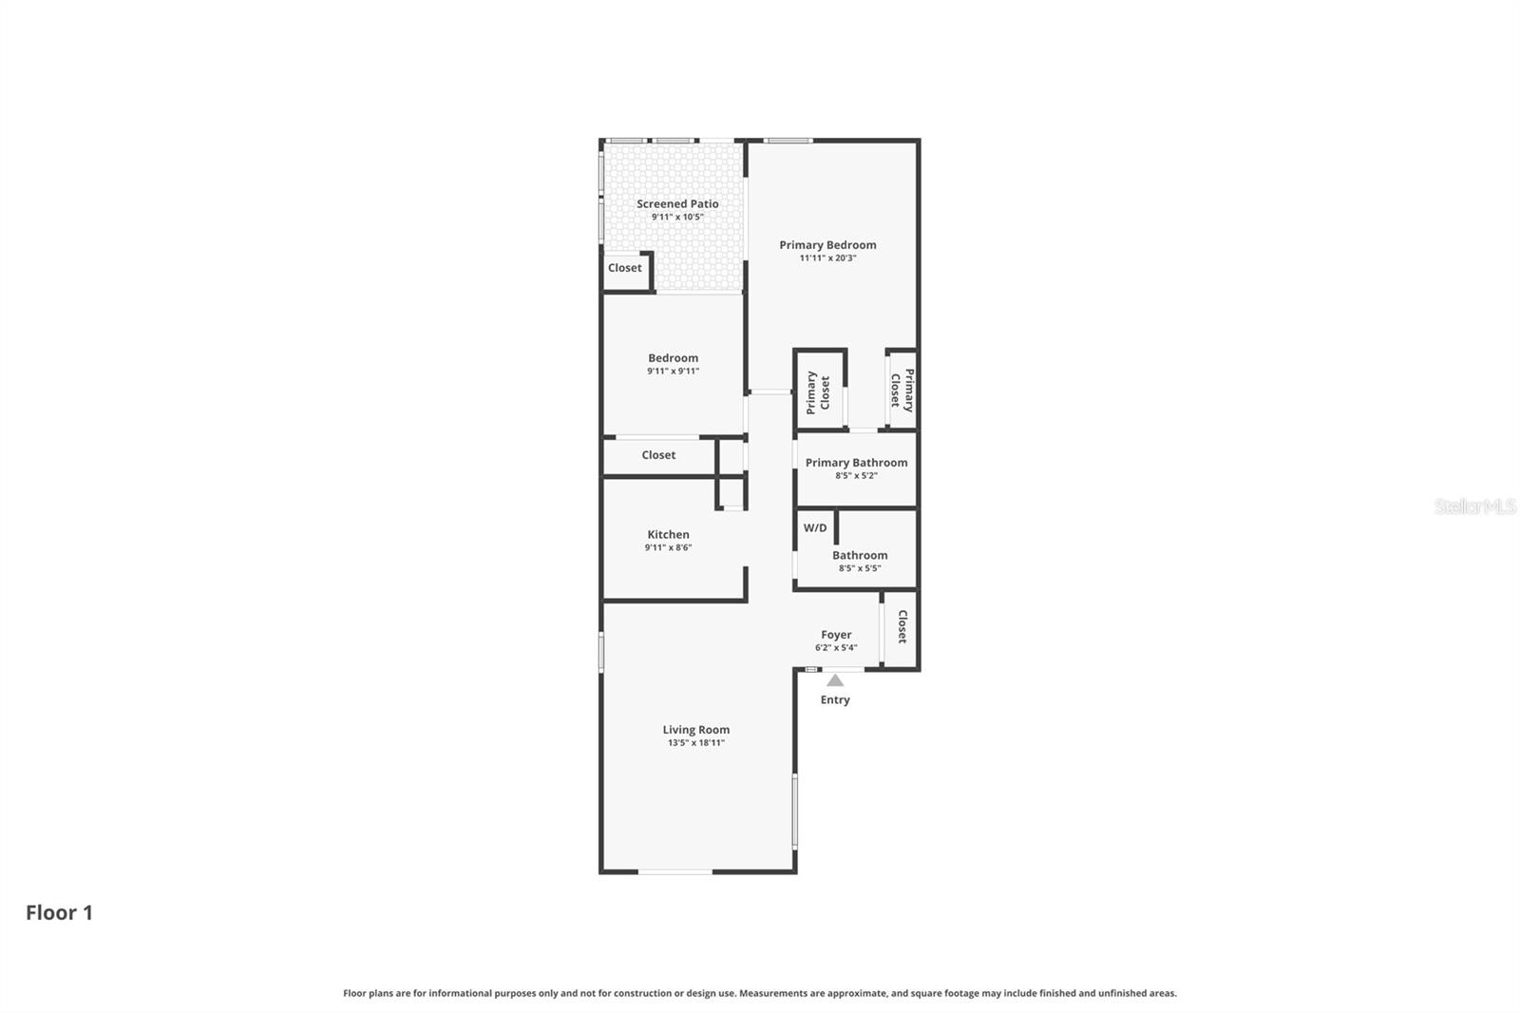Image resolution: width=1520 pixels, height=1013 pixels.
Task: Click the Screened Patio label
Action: [x=677, y=203]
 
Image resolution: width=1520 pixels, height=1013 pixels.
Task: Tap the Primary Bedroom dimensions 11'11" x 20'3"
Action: [x=827, y=258]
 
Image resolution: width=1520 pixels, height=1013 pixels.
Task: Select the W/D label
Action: [x=815, y=527]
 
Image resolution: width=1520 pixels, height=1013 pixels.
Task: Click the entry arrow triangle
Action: [x=835, y=680]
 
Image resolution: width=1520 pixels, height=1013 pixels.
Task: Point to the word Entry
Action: [x=835, y=700]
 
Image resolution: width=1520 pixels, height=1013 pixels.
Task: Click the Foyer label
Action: [x=836, y=635]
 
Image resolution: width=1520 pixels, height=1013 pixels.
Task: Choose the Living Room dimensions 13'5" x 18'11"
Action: [x=695, y=743]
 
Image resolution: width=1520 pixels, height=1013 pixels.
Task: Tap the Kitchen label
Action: [x=668, y=534]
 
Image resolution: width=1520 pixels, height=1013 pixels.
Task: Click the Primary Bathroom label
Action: [x=856, y=463]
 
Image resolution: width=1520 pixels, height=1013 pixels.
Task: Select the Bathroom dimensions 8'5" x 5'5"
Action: [x=860, y=568]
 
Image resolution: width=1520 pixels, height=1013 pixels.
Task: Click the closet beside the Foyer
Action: [x=902, y=627]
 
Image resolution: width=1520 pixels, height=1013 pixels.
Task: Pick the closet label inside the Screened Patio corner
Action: [x=624, y=268]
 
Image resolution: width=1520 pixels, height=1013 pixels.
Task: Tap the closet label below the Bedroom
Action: [x=658, y=455]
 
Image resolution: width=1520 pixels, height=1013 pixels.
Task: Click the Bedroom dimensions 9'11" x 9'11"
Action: [x=673, y=372]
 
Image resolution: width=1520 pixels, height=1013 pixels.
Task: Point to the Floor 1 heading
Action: [x=59, y=912]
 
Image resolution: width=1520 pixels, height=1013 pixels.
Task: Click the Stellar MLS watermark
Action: [x=1474, y=506]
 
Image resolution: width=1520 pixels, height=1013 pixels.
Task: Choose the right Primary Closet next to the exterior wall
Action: [x=902, y=390]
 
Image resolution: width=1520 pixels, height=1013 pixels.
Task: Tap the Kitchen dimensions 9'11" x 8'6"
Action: [x=668, y=547]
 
